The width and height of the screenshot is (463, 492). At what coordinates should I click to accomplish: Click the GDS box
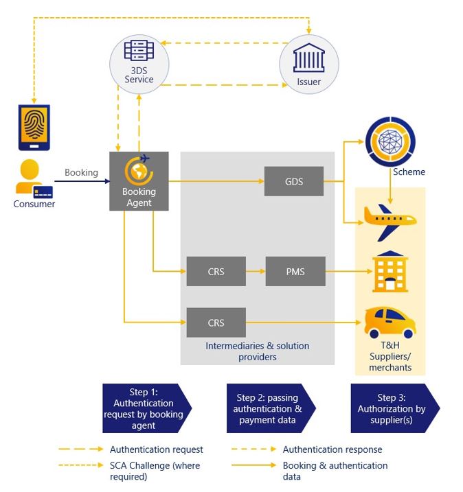coord(293,182)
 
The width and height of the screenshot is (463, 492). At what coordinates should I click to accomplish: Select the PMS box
coord(294,272)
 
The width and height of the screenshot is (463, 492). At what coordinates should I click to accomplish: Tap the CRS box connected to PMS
coord(216,272)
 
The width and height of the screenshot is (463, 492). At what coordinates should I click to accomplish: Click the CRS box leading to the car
coord(216,322)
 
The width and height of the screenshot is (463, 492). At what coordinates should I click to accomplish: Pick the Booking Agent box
coord(139,181)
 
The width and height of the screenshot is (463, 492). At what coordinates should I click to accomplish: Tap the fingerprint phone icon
coord(33,127)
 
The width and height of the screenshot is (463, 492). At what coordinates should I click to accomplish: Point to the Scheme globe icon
coord(390,142)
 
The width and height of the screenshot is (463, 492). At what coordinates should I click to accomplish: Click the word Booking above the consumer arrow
coord(81,173)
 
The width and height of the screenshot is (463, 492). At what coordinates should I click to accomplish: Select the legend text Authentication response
coord(332,449)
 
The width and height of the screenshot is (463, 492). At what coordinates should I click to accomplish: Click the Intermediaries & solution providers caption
coord(258,351)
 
